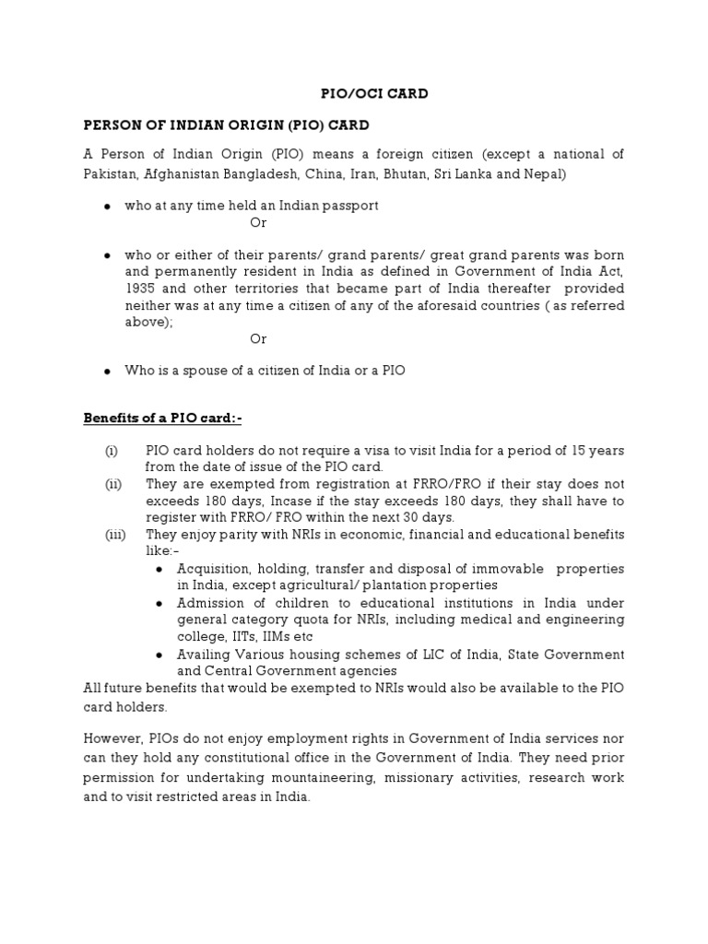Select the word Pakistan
(111, 173)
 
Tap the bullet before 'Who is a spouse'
(107, 371)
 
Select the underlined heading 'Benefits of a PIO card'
(162, 419)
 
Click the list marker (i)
(112, 451)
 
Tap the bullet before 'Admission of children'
(158, 603)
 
